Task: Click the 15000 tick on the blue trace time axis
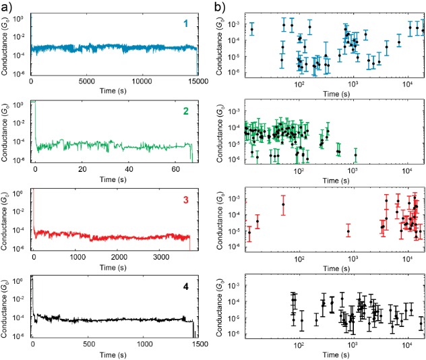(x=196, y=82)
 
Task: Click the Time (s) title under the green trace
(x=114, y=180)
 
